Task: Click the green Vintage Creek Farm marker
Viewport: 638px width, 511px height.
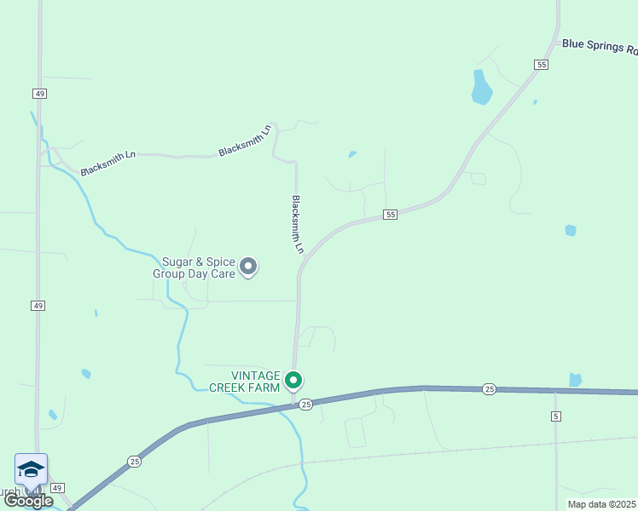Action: pyautogui.click(x=293, y=380)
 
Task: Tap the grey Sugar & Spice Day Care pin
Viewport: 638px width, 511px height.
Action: pyautogui.click(x=248, y=267)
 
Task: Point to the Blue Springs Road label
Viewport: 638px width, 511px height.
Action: pyautogui.click(x=599, y=46)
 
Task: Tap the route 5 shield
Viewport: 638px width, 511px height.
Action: pyautogui.click(x=556, y=416)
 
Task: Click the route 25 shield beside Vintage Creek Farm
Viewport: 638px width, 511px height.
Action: pyautogui.click(x=306, y=405)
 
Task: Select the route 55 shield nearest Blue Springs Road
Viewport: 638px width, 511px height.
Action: pyautogui.click(x=542, y=65)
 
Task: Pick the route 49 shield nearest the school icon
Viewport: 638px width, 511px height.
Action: pyautogui.click(x=56, y=488)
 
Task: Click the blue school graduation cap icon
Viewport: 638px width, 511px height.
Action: pyautogui.click(x=31, y=470)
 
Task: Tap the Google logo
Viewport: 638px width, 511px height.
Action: pyautogui.click(x=28, y=501)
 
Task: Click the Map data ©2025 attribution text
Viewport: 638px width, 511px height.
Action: pyautogui.click(x=602, y=504)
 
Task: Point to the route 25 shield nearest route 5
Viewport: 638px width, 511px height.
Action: pyautogui.click(x=489, y=388)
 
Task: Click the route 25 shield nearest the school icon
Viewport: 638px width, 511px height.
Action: pyautogui.click(x=135, y=461)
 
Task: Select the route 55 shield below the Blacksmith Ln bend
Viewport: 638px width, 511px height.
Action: pyautogui.click(x=390, y=215)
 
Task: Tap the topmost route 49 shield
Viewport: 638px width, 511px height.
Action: pyautogui.click(x=40, y=93)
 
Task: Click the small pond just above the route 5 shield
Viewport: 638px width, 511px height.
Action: pyautogui.click(x=575, y=380)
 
